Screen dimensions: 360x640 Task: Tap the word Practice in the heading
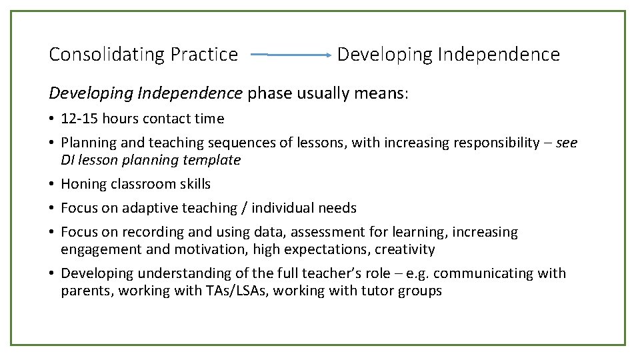tap(204, 55)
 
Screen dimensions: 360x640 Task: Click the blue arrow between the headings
tap(293, 55)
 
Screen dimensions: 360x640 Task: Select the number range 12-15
tap(79, 119)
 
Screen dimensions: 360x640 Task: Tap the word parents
tap(86, 291)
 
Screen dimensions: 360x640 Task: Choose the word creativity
tap(405, 249)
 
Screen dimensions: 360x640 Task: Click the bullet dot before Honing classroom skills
tap(52, 184)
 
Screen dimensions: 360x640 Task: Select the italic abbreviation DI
tap(68, 160)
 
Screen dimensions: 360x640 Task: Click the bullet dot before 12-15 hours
tap(52, 119)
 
